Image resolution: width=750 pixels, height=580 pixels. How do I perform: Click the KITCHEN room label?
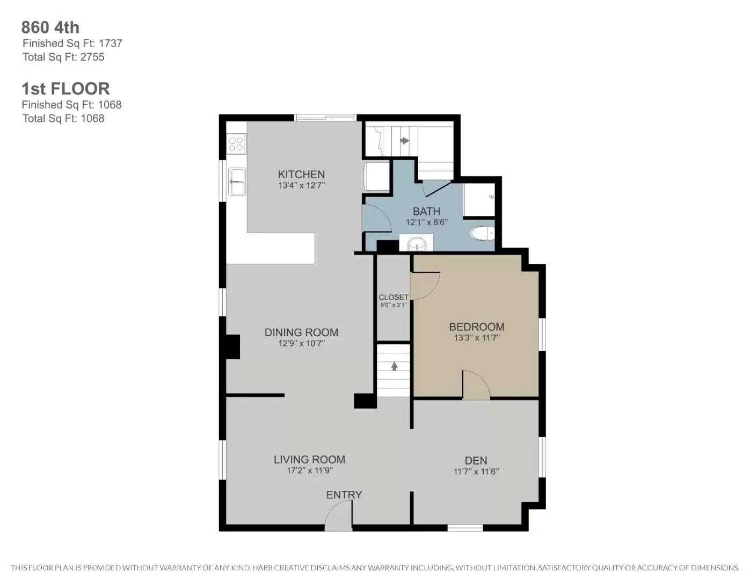click(301, 174)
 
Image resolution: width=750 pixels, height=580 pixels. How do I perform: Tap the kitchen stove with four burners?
click(236, 144)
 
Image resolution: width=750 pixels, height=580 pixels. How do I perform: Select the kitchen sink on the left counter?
click(236, 182)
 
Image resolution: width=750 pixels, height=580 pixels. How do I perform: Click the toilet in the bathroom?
click(482, 233)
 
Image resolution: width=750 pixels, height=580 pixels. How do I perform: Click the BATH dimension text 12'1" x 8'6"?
click(426, 222)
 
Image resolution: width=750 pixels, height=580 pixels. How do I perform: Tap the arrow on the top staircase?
click(405, 141)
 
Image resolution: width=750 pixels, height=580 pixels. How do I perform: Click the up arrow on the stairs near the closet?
click(394, 366)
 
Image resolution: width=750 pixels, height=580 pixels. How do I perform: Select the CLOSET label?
click(394, 297)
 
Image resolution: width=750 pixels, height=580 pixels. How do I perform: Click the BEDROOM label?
click(476, 327)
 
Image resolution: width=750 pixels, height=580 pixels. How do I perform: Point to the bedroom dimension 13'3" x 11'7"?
click(476, 338)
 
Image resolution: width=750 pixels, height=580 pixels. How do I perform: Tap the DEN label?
click(476, 460)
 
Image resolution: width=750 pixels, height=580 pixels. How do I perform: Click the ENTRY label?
click(344, 495)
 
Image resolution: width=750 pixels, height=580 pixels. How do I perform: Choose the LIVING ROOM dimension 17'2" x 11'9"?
click(309, 471)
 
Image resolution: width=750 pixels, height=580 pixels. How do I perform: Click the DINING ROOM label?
click(301, 332)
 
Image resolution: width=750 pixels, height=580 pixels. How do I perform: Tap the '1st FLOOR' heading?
click(65, 89)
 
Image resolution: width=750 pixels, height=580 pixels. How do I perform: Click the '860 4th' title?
click(50, 27)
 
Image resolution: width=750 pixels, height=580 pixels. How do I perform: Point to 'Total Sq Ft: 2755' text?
click(63, 57)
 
